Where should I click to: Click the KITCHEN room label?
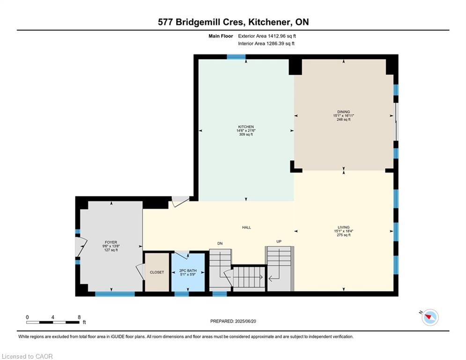pyautogui.click(x=246, y=127)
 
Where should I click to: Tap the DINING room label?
pyautogui.click(x=344, y=112)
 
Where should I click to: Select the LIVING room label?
pyautogui.click(x=344, y=227)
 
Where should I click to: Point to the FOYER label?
pyautogui.click(x=111, y=242)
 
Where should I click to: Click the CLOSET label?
pyautogui.click(x=157, y=272)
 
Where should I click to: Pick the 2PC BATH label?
pyautogui.click(x=188, y=271)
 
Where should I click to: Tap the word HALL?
pyautogui.click(x=246, y=228)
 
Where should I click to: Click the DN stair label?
pyautogui.click(x=220, y=243)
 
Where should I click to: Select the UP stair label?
pyautogui.click(x=279, y=241)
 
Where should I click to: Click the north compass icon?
pyautogui.click(x=430, y=317)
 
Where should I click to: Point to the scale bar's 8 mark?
pyautogui.click(x=79, y=317)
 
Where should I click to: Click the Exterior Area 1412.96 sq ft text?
pyautogui.click(x=267, y=36)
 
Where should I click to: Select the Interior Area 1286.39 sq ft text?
pyautogui.click(x=266, y=44)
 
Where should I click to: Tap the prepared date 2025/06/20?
pyautogui.click(x=245, y=321)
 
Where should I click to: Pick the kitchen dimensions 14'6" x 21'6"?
pyautogui.click(x=246, y=131)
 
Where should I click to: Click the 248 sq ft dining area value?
pyautogui.click(x=344, y=120)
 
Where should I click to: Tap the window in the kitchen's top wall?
pyautogui.click(x=236, y=57)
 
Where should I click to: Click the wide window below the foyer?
pyautogui.click(x=115, y=294)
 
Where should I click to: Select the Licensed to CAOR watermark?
pyautogui.click(x=27, y=356)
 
